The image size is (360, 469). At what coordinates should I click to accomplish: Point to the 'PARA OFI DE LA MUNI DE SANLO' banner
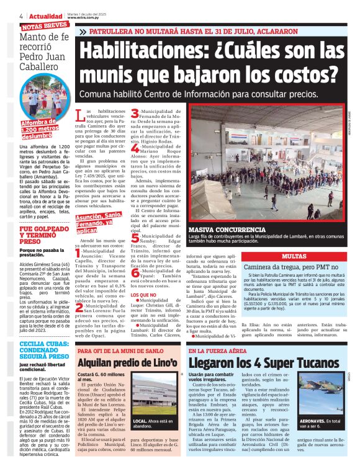tap(119, 351)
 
